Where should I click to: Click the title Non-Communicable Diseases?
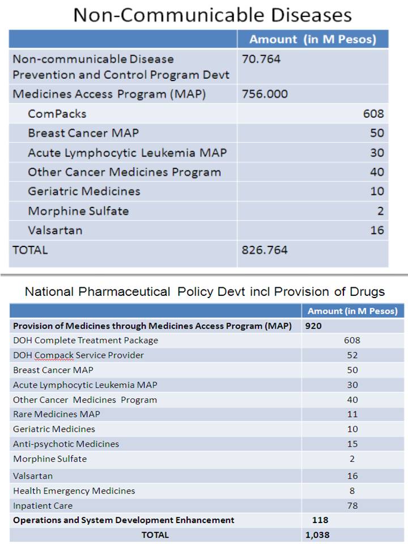point(212,15)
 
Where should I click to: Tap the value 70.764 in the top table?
point(261,59)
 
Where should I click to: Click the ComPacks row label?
point(57,114)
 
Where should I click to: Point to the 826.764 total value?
point(265,250)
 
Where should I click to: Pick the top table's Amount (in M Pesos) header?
point(312,39)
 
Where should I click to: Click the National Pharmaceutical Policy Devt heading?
point(205,292)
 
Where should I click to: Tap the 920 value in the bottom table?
point(313,326)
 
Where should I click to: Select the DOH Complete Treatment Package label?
point(86,341)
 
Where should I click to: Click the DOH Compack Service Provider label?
point(78,355)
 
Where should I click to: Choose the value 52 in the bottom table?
point(352,355)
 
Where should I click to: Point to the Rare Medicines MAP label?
point(57,414)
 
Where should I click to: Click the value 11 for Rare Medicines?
point(352,414)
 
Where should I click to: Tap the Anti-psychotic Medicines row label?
point(66,444)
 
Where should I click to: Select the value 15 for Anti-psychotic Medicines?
point(352,444)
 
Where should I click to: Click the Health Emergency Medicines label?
point(74,491)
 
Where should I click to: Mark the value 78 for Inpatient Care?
point(352,505)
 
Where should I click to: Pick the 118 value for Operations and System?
point(320,520)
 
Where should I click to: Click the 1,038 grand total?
point(317,534)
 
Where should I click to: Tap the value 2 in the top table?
point(380,211)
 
